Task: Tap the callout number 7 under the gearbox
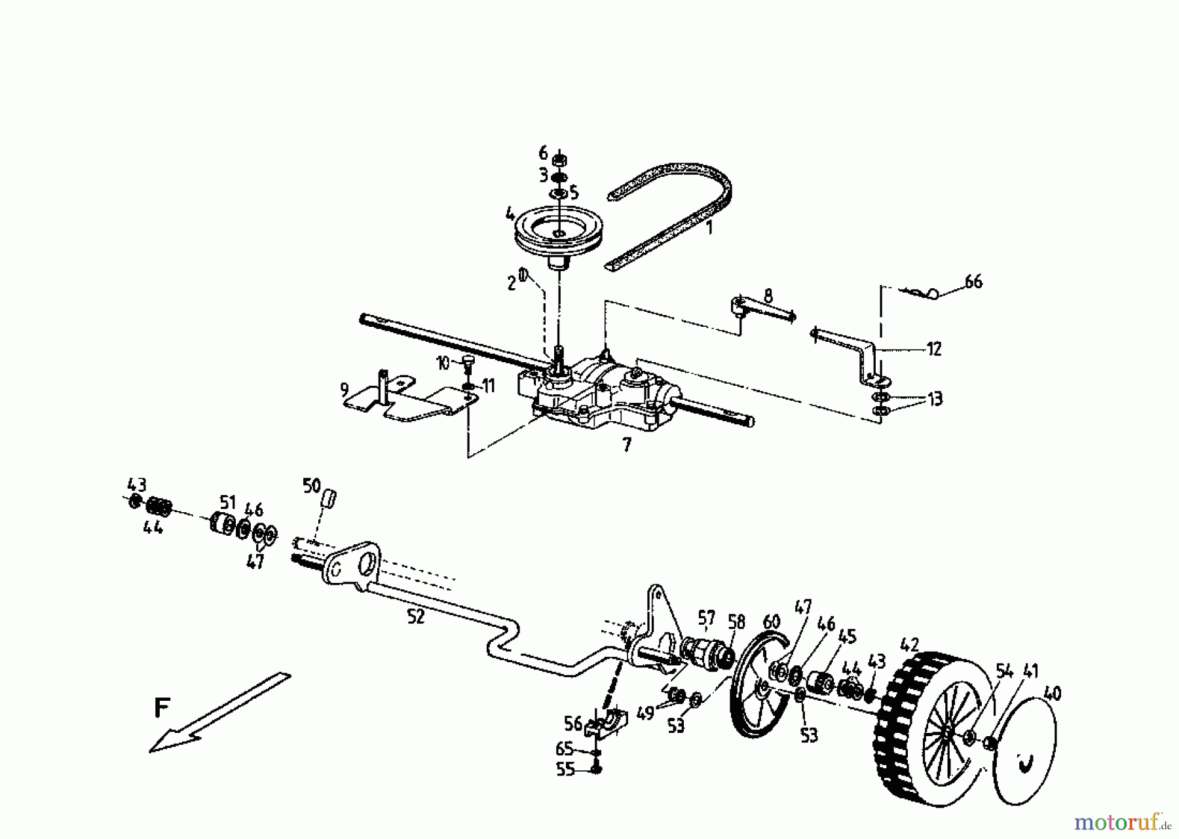click(627, 445)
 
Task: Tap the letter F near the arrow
click(162, 709)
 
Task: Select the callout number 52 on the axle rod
click(415, 616)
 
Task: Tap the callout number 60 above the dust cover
click(772, 621)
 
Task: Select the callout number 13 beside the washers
click(934, 398)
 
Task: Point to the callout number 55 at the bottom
click(565, 769)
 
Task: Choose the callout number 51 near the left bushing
click(227, 503)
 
